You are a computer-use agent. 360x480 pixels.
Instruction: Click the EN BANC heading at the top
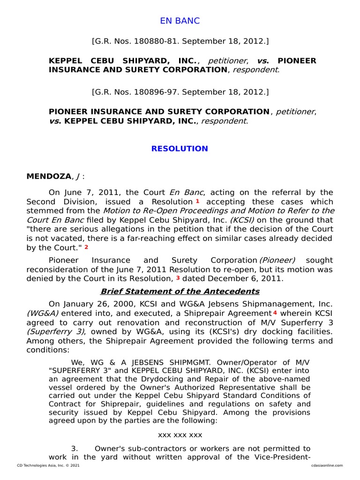tap(180, 21)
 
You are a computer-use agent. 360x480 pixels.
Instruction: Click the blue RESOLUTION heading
tap(180, 149)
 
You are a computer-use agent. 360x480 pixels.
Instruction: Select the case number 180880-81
tap(151, 42)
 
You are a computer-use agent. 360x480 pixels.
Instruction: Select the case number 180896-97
tap(151, 91)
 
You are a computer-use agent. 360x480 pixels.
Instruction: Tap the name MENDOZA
tap(48, 176)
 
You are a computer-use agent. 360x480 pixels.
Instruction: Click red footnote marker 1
tap(198, 201)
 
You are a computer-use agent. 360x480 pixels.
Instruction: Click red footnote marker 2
tap(86, 247)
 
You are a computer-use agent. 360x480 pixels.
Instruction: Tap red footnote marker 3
tap(178, 278)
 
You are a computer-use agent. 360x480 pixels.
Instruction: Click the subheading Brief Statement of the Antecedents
tap(180, 291)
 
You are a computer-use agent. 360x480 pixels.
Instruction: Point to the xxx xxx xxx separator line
tap(180, 435)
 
